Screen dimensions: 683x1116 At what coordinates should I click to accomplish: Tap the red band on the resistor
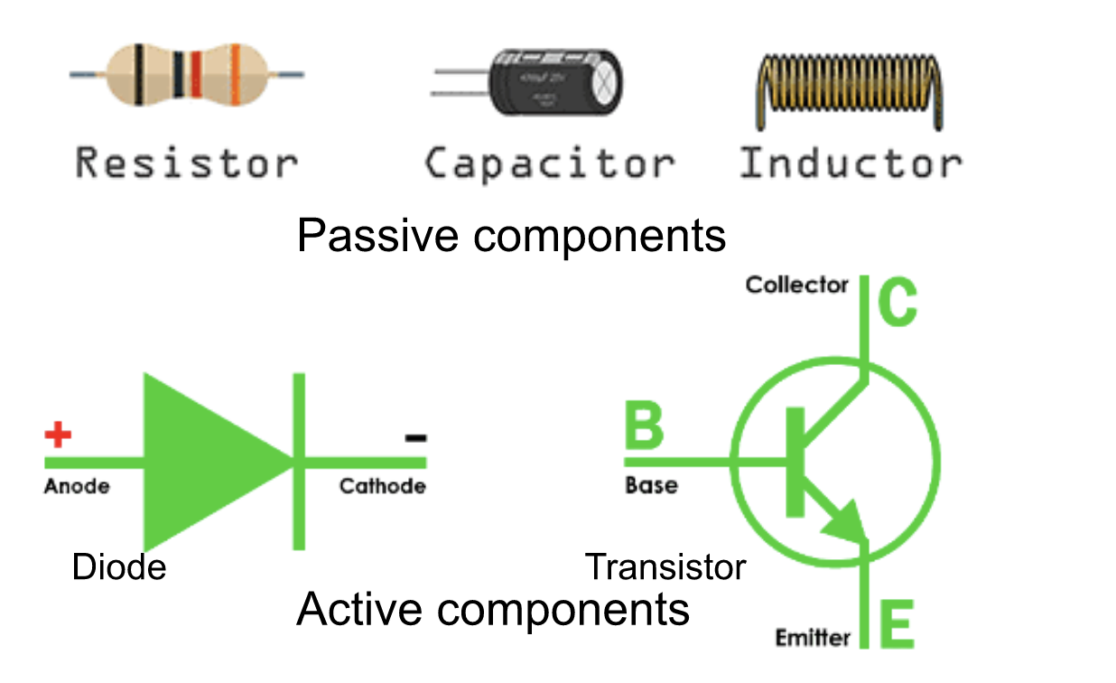click(x=196, y=74)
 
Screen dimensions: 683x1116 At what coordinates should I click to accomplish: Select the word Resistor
click(x=186, y=164)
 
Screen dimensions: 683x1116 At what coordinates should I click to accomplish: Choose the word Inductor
click(x=851, y=164)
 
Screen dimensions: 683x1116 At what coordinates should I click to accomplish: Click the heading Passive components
click(x=511, y=236)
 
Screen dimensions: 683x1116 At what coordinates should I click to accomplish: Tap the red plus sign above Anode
click(x=58, y=436)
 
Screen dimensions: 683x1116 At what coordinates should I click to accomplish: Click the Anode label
click(x=77, y=487)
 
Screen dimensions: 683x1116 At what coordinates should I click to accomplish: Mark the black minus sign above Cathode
click(x=415, y=438)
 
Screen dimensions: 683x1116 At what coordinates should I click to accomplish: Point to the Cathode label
click(x=382, y=487)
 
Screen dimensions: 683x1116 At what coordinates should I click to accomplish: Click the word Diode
click(x=119, y=567)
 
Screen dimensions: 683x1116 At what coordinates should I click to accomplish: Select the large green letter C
click(x=897, y=304)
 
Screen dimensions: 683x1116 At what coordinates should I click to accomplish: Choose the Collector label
click(x=797, y=285)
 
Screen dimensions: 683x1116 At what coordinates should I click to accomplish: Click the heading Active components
click(x=493, y=610)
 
